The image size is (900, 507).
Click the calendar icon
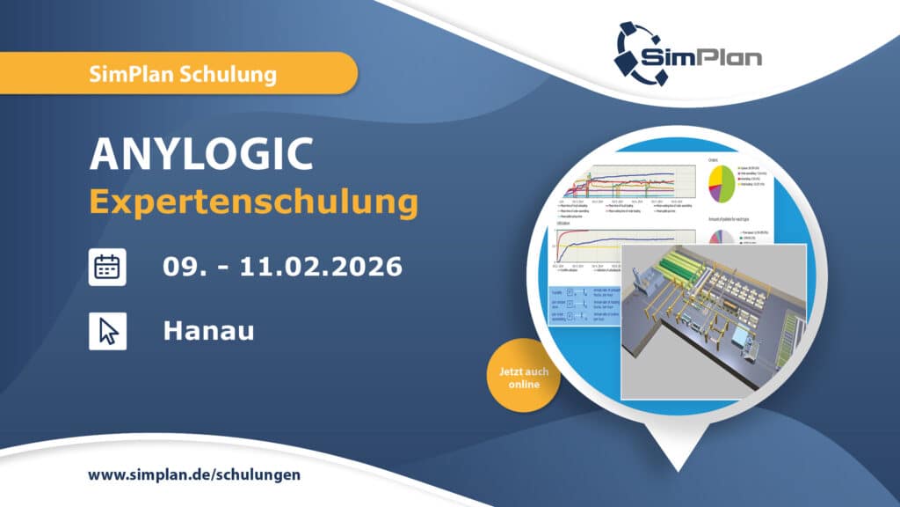[108, 266]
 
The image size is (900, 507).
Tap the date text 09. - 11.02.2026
[282, 266]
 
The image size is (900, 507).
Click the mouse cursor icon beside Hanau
[108, 331]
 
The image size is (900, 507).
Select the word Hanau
[208, 331]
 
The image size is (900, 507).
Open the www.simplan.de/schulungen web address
[194, 474]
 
